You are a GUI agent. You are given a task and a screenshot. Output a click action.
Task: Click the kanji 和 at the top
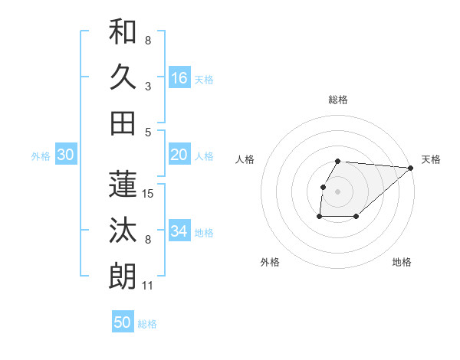tap(123, 32)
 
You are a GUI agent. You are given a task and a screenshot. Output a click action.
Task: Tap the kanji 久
tap(123, 77)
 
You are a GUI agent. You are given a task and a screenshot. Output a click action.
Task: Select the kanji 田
tap(123, 123)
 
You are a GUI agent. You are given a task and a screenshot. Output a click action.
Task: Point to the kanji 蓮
tap(123, 184)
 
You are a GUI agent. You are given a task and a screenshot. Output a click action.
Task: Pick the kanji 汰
tap(123, 230)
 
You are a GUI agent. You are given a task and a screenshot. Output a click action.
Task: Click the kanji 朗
tap(123, 276)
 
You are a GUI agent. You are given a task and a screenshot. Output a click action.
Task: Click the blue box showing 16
tap(179, 77)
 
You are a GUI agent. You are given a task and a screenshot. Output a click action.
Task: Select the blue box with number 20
tap(179, 155)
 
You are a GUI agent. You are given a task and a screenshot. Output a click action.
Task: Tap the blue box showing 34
tap(179, 231)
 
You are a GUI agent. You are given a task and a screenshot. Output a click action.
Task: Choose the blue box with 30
tap(65, 155)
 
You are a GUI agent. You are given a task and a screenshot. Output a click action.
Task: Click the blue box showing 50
tap(123, 322)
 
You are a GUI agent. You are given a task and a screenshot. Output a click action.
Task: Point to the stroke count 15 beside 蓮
tap(149, 194)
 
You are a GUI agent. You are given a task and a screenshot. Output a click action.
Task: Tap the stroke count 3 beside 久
tap(147, 87)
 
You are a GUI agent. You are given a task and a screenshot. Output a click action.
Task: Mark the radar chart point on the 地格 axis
tap(356, 217)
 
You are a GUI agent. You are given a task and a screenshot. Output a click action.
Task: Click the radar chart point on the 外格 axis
tap(319, 217)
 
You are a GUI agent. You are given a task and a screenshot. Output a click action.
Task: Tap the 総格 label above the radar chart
tap(338, 100)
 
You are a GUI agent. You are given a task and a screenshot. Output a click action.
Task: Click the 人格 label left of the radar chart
tap(245, 159)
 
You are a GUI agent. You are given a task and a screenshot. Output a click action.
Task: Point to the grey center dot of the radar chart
tap(338, 191)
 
